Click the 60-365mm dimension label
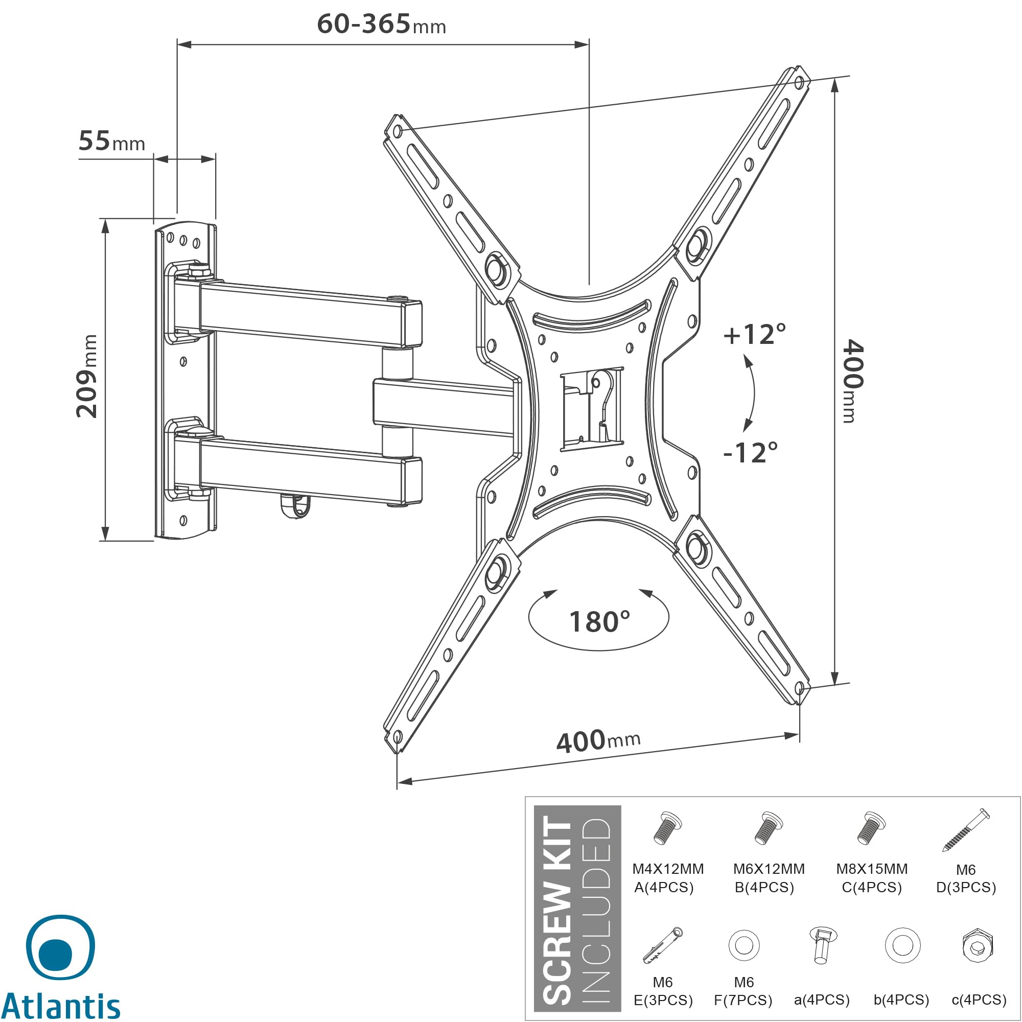coord(381,25)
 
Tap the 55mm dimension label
coord(111,141)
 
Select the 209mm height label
coord(87,376)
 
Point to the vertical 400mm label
coord(852,381)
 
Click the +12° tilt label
coord(754,334)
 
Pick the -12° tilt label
coord(750,453)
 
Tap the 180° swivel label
coord(599,621)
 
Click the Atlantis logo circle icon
coord(60,947)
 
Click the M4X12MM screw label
coord(667,869)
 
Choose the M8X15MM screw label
coord(872,869)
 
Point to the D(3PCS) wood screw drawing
coord(965,829)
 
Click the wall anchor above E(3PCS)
coord(663,945)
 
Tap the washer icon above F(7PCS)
coord(744,945)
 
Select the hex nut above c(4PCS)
coord(978,945)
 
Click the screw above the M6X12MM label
coord(768,828)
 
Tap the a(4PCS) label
coord(822,1000)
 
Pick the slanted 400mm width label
coord(598,740)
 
